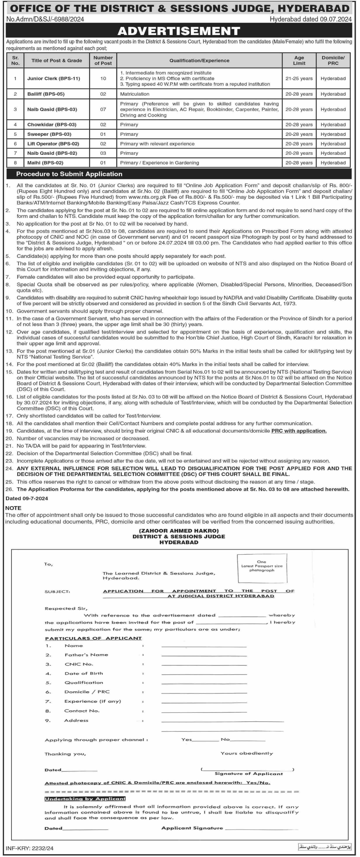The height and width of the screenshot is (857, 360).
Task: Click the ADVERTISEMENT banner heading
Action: (179, 31)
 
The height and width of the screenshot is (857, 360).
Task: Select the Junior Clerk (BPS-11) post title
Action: (54, 79)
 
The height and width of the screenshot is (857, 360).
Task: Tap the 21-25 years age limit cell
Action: (299, 79)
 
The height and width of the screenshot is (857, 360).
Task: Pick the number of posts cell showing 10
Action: (103, 79)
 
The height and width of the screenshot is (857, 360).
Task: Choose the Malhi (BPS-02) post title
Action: (45, 163)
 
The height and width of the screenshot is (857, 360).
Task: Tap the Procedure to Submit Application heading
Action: (69, 174)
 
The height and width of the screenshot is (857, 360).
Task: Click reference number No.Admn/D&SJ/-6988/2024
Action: (45, 19)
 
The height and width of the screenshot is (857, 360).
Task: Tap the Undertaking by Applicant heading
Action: (85, 798)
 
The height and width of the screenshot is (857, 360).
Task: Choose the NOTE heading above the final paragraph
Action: (13, 508)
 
